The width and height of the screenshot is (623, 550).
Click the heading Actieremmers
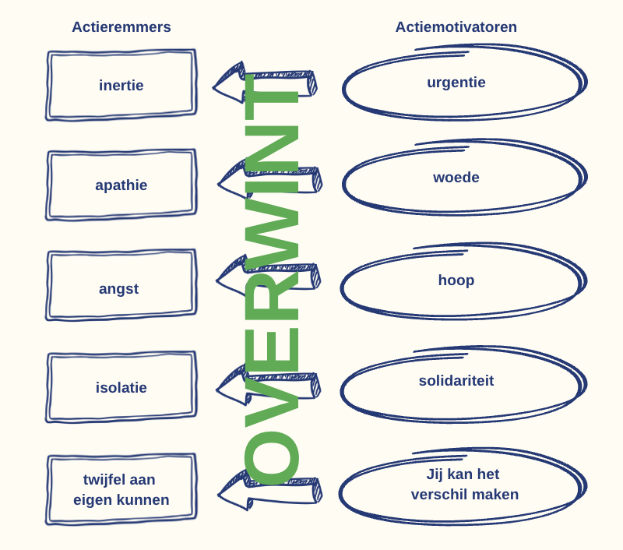pos(121,27)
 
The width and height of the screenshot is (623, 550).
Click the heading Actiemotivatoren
pos(456,27)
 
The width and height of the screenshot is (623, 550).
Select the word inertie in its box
pos(121,85)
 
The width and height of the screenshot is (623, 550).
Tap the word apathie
pos(121,185)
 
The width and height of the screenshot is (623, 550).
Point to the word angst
pos(119,289)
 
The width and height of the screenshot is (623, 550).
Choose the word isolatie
pos(121,387)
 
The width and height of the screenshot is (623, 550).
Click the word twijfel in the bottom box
pos(103,480)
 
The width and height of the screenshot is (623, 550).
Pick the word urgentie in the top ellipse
pos(456,83)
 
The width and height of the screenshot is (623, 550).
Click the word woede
pos(456,178)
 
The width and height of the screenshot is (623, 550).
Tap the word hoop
pos(456,280)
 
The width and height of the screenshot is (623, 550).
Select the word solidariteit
pos(456,381)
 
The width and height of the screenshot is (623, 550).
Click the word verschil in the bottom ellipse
pos(437,495)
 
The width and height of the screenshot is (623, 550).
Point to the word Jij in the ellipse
pos(435,474)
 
